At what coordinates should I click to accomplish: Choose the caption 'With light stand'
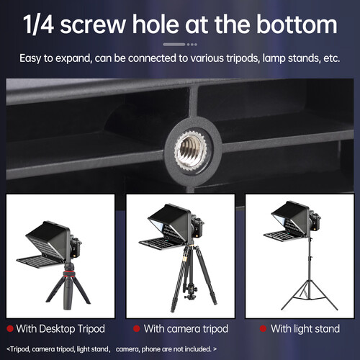pyautogui.click(x=305, y=329)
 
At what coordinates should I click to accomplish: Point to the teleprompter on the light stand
pyautogui.click(x=295, y=220)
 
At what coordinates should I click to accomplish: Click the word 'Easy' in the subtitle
pyautogui.click(x=35, y=58)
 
